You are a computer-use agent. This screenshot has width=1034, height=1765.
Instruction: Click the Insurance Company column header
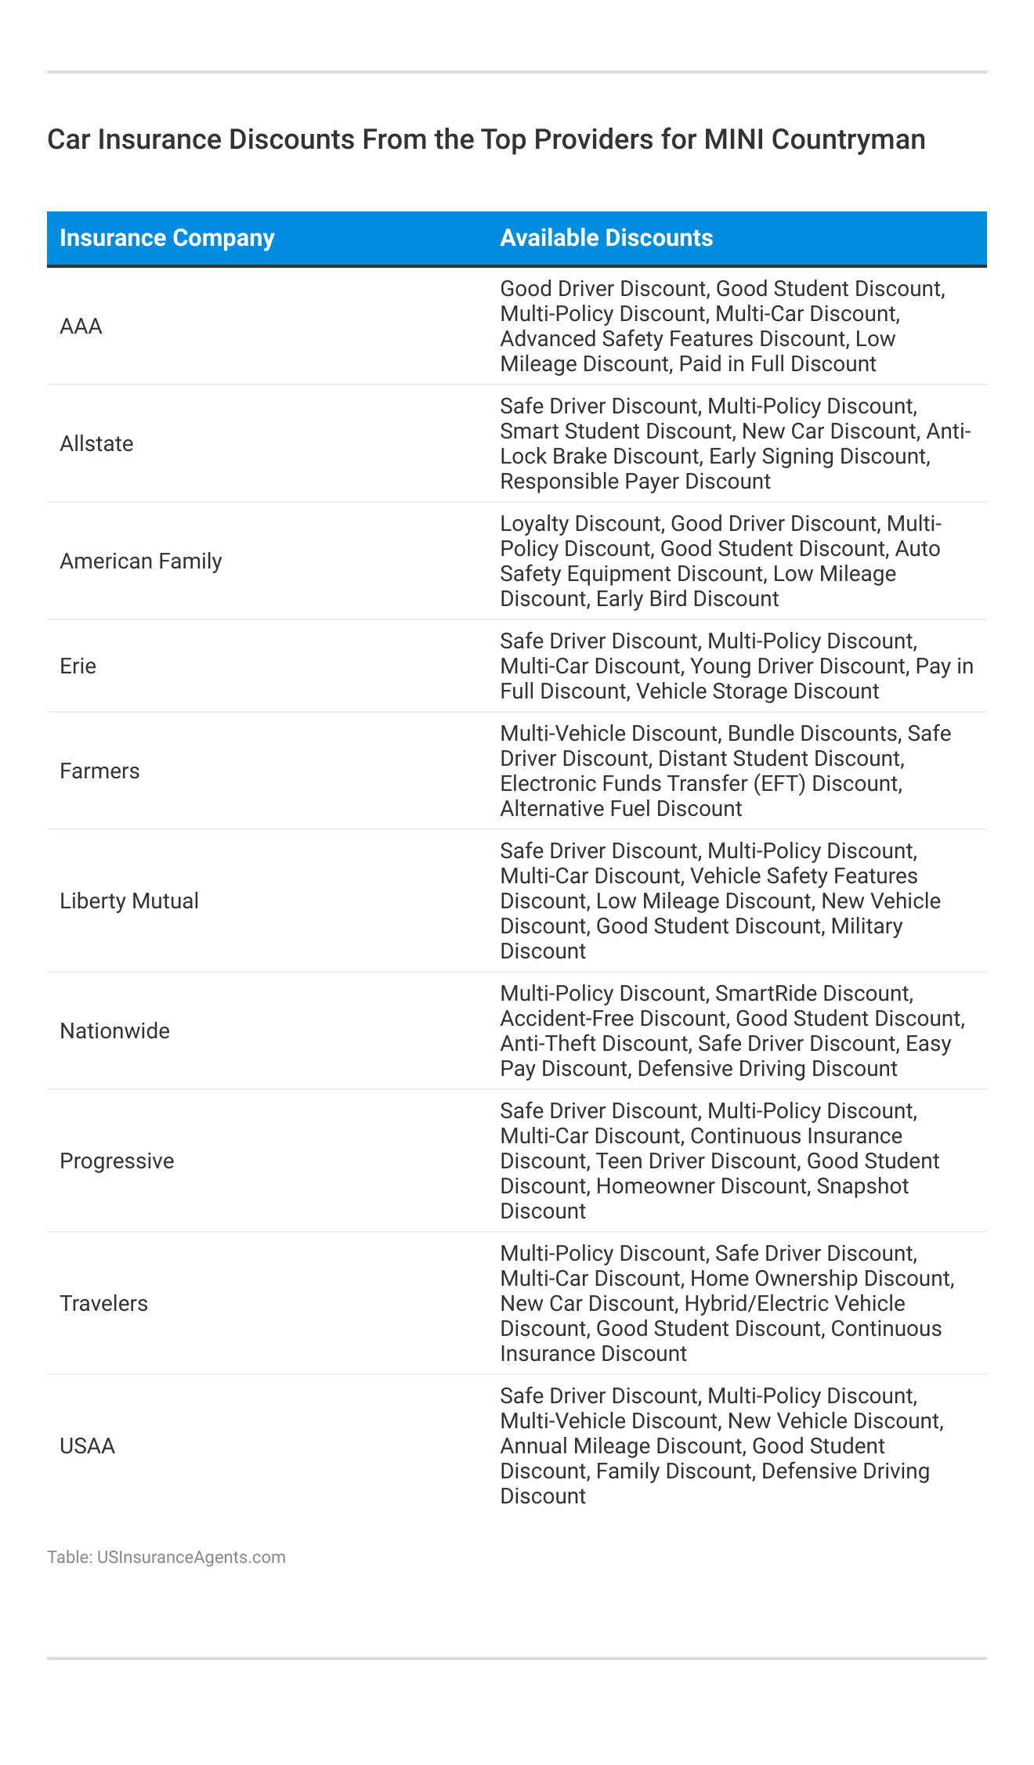[x=167, y=238]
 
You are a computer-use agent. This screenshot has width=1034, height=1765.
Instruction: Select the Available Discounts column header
[x=606, y=238]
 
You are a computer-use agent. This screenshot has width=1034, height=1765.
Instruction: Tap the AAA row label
[x=81, y=327]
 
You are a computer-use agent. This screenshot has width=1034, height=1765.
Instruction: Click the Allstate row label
[x=96, y=444]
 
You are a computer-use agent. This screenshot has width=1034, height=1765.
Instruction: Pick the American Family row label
[x=141, y=561]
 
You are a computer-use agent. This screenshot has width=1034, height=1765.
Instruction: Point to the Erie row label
[x=78, y=666]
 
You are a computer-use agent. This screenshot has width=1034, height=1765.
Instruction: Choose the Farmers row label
[x=99, y=771]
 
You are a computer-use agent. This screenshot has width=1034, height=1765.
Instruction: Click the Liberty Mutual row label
[x=129, y=901]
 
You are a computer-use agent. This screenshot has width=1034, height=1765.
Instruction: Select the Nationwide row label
[x=114, y=1031]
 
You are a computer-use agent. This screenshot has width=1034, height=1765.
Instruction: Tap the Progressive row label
[x=117, y=1161]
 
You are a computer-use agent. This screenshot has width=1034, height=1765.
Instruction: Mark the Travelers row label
[x=103, y=1304]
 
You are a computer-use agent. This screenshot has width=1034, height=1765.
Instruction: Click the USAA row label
[x=87, y=1446]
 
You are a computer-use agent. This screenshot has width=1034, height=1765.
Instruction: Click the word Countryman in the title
[x=848, y=139]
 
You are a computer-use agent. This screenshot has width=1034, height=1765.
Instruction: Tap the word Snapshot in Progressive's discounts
[x=862, y=1186]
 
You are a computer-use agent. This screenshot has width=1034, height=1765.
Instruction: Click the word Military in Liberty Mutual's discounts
[x=866, y=926]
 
